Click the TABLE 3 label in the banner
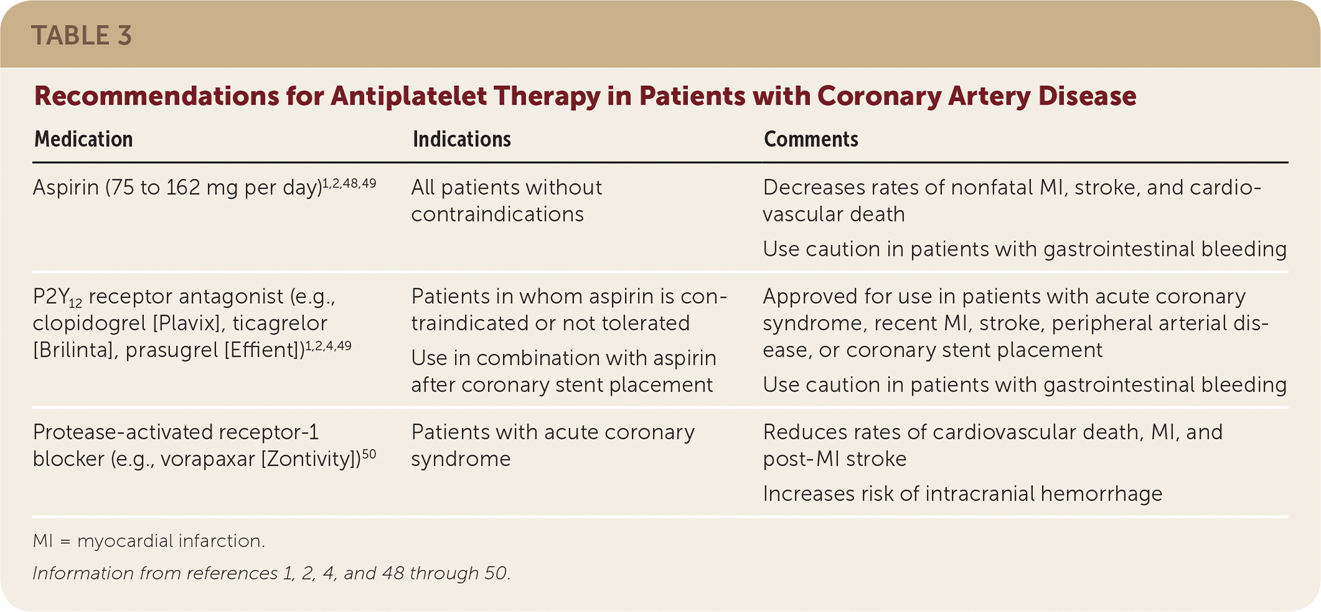pyautogui.click(x=82, y=35)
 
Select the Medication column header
pyautogui.click(x=83, y=139)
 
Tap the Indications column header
pyautogui.click(x=462, y=139)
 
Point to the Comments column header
pyautogui.click(x=811, y=139)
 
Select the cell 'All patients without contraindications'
pyautogui.click(x=507, y=200)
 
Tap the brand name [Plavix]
pyautogui.click(x=182, y=323)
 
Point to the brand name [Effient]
pyautogui.click(x=264, y=350)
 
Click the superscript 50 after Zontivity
pyautogui.click(x=369, y=454)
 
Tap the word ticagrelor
pyautogui.click(x=280, y=323)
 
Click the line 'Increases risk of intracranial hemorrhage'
pyautogui.click(x=962, y=494)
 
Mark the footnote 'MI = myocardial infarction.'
pyautogui.click(x=149, y=541)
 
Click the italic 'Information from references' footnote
pyautogui.click(x=271, y=573)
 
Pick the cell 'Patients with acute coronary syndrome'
pyautogui.click(x=553, y=445)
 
